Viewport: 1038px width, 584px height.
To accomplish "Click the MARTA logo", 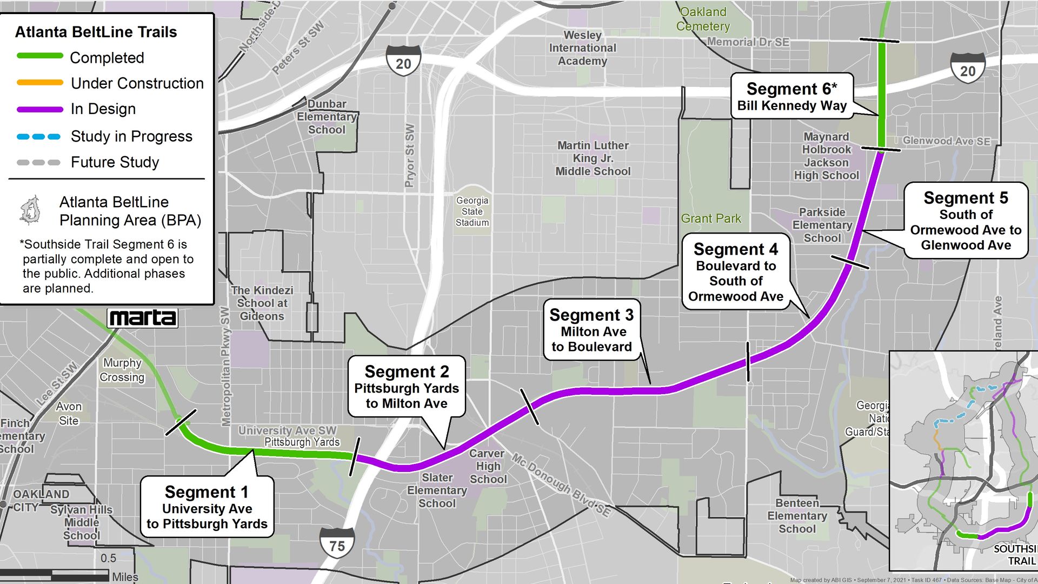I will click(x=142, y=318).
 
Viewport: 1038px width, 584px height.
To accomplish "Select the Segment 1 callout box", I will click(x=207, y=507).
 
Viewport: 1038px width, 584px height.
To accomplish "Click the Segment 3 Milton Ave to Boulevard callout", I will click(x=591, y=330).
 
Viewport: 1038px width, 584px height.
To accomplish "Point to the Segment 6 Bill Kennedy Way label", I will click(x=791, y=96).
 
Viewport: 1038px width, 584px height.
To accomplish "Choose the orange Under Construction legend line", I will click(x=40, y=83).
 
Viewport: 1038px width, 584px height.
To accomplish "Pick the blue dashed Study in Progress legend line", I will click(x=38, y=137).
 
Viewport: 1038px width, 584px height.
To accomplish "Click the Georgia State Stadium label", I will click(x=472, y=211).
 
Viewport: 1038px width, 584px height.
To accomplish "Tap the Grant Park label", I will click(x=711, y=218).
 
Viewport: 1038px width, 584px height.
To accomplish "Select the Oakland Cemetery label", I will click(x=703, y=19).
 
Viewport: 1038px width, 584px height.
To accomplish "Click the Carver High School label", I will click(x=488, y=466).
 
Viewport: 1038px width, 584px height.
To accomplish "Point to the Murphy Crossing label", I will click(x=122, y=370).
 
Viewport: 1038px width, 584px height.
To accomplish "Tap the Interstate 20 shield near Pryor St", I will click(x=403, y=61).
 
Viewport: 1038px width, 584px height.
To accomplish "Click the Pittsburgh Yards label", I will click(x=302, y=442).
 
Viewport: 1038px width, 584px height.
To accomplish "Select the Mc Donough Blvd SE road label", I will click(x=561, y=485).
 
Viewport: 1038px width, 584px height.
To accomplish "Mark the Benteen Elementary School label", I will click(x=797, y=516).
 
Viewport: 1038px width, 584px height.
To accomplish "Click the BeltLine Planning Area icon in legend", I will click(x=30, y=210).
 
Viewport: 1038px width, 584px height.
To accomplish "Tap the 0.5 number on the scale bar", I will click(x=108, y=558).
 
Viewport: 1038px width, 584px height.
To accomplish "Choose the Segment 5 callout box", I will click(x=966, y=221).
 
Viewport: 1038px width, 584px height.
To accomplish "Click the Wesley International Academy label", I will click(x=582, y=48).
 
